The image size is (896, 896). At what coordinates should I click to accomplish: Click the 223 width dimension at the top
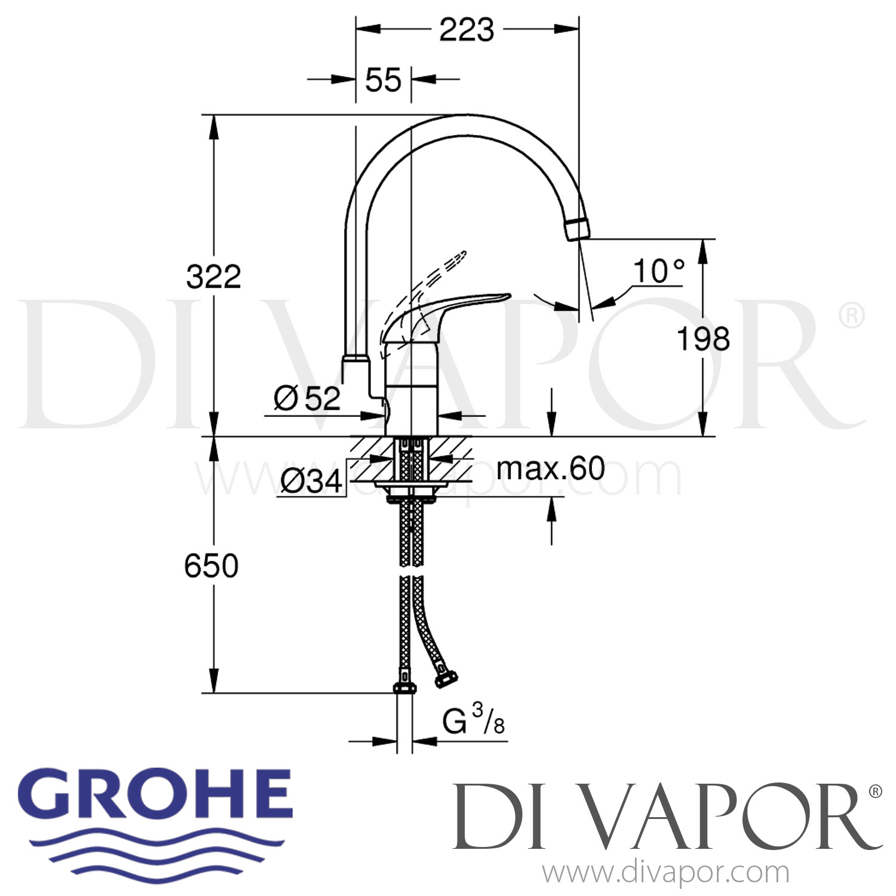[x=467, y=30]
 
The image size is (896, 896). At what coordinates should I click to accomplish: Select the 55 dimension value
[x=383, y=79]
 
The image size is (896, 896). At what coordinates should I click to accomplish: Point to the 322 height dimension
[x=213, y=277]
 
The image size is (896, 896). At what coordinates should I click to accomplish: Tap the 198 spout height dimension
[x=703, y=339]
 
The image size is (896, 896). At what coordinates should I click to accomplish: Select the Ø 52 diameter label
[x=307, y=398]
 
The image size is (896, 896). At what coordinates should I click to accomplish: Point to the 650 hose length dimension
[x=211, y=566]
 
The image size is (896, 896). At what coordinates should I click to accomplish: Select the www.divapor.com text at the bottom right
[x=666, y=873]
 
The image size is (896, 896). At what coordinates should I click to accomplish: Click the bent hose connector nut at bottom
[x=446, y=680]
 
